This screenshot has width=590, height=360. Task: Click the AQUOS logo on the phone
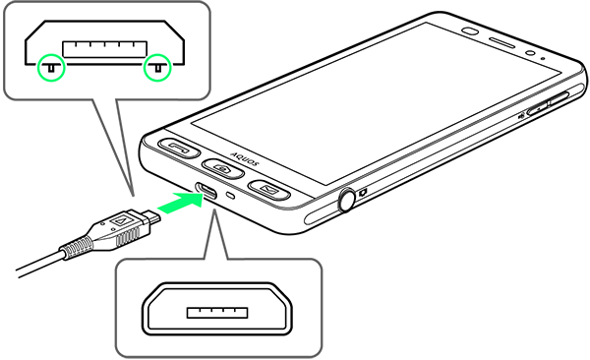click(x=245, y=159)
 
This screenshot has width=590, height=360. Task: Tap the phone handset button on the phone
click(x=178, y=148)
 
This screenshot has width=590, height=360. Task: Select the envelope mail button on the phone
click(x=268, y=189)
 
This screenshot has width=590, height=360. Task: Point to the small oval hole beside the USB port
click(x=232, y=195)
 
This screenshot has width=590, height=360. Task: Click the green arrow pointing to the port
click(x=180, y=202)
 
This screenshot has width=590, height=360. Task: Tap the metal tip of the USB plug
click(x=153, y=216)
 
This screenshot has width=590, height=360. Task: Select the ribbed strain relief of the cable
click(x=77, y=248)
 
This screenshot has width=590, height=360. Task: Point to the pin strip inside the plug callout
click(x=104, y=49)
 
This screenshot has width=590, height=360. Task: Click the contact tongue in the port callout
click(x=217, y=313)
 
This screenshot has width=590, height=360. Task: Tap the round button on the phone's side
click(x=346, y=201)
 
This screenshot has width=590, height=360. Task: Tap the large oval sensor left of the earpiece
click(x=470, y=31)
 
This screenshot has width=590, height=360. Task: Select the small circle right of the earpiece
click(x=531, y=53)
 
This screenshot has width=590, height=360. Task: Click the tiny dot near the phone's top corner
click(x=543, y=58)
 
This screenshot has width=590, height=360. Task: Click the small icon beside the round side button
click(x=363, y=193)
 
